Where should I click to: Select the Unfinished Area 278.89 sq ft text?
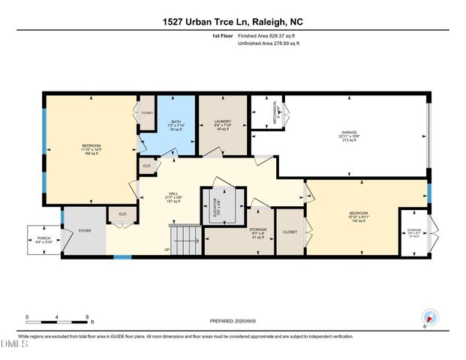pos(267,43)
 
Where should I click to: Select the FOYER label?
pos(84,231)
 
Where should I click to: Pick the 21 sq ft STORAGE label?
pos(414,232)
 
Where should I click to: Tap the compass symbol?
pos(429,316)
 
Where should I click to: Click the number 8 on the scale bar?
pos(89,316)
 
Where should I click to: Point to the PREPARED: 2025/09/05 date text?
pos(233,321)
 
